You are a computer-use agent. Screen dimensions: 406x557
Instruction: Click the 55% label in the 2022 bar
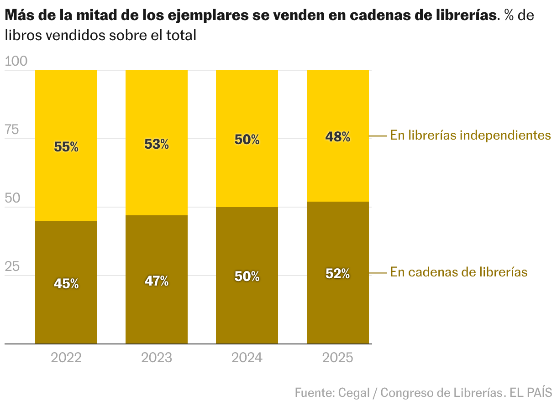[x=66, y=147]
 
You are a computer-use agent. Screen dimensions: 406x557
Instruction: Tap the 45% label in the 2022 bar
[x=66, y=284]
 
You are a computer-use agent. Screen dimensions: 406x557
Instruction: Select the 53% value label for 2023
[x=157, y=144]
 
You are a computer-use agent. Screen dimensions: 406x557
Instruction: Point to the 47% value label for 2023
[x=157, y=281]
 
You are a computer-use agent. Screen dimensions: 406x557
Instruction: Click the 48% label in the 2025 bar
[x=337, y=136]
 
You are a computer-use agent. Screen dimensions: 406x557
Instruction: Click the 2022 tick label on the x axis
[x=66, y=357]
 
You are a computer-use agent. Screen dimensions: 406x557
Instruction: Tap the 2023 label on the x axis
[x=157, y=357]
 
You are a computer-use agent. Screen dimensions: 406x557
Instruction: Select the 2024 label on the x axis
[x=247, y=357]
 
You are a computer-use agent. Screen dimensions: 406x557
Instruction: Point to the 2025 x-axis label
[x=337, y=357]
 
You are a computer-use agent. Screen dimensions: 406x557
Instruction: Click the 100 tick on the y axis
[x=16, y=62]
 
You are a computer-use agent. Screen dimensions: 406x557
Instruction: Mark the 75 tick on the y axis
[x=12, y=130]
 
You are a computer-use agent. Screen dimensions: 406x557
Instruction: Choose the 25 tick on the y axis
[x=12, y=267]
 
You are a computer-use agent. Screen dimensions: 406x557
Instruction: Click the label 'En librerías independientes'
[x=470, y=135]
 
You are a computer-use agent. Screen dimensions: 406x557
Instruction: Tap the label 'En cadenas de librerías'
[x=458, y=272]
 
